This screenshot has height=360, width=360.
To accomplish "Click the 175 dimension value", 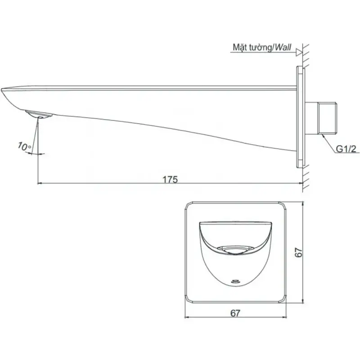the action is (x=170, y=179).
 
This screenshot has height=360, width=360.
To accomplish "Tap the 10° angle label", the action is (x=24, y=146).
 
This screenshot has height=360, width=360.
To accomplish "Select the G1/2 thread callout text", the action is (x=346, y=149).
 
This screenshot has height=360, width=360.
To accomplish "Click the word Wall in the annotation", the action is (x=283, y=47).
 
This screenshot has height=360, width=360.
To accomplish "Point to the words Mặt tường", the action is (x=252, y=47).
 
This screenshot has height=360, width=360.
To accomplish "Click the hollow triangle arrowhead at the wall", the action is (x=299, y=52).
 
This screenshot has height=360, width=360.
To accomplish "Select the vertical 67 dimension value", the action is (x=298, y=252).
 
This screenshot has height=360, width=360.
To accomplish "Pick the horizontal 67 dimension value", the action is (x=235, y=313).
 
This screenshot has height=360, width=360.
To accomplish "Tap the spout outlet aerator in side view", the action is (x=39, y=114).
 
